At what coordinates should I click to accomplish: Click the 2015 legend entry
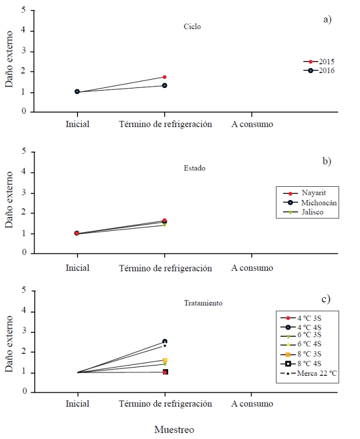click(319, 62)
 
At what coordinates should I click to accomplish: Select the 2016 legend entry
click(319, 71)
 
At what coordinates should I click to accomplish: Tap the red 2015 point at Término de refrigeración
click(164, 77)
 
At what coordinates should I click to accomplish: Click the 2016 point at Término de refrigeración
click(164, 86)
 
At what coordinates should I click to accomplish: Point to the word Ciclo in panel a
click(192, 26)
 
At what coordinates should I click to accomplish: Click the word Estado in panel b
click(195, 168)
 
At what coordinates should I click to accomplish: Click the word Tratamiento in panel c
click(203, 303)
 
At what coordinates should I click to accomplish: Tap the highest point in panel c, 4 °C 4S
click(164, 341)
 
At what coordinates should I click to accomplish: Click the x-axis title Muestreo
click(174, 429)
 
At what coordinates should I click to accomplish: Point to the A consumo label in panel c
click(252, 404)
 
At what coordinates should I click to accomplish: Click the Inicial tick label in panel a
click(77, 124)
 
